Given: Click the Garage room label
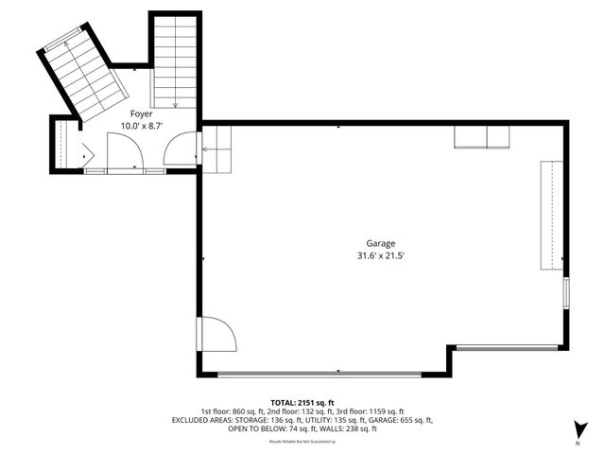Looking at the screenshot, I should point(382,243).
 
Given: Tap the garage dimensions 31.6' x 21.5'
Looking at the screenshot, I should point(382,255).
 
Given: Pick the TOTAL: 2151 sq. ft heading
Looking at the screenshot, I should point(302,401).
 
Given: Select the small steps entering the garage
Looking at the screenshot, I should point(217,149).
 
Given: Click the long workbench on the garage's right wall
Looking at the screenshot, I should point(549,217).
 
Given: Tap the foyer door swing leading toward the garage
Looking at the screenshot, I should point(180,151).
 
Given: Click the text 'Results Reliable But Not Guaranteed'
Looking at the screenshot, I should point(302,441).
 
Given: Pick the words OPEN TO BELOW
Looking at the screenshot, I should point(253,428).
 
